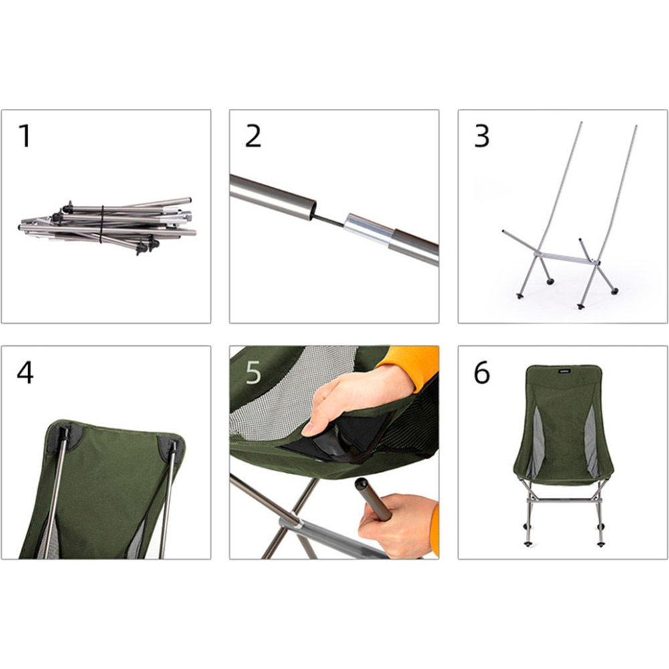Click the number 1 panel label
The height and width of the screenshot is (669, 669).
(25, 136)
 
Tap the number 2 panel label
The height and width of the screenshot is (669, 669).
(253, 136)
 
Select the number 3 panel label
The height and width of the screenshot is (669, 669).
(482, 136)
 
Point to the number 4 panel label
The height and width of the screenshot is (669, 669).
(25, 373)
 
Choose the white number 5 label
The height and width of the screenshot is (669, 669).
(253, 373)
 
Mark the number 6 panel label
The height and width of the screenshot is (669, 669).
(482, 373)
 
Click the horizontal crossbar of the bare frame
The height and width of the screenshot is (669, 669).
(559, 258)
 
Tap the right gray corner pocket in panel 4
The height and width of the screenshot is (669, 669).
(170, 446)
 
